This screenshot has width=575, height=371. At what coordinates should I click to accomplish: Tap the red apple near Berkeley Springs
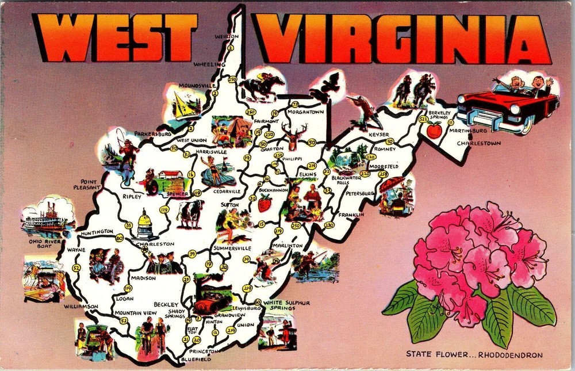point(434,130)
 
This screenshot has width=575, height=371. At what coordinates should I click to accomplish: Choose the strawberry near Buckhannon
point(264,203)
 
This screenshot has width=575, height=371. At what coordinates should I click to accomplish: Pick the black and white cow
point(189,214)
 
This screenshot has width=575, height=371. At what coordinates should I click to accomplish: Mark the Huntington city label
point(97,232)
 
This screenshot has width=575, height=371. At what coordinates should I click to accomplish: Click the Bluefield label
point(195,359)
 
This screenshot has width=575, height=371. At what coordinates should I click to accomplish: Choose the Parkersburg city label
point(153,133)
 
